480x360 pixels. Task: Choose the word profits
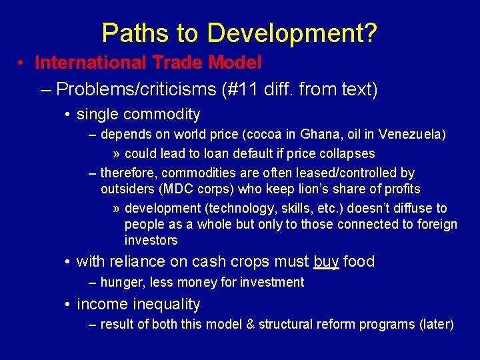pos(398,189)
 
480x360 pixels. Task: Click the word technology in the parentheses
pos(225,208)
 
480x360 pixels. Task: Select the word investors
pos(151,240)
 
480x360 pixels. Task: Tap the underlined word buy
pos(326,261)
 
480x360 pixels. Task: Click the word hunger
pos(121,282)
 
